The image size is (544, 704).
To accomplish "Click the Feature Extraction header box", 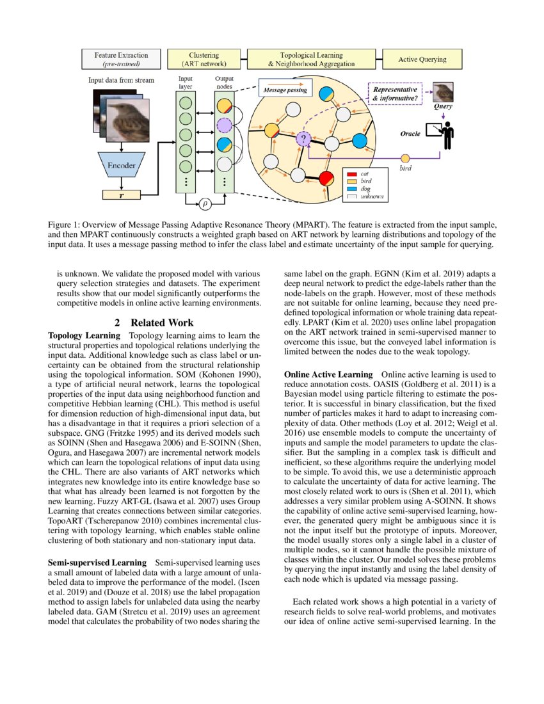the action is click(121, 60).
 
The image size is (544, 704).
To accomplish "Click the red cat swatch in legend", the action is click(351, 173).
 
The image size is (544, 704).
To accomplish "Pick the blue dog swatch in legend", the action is click(351, 189).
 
